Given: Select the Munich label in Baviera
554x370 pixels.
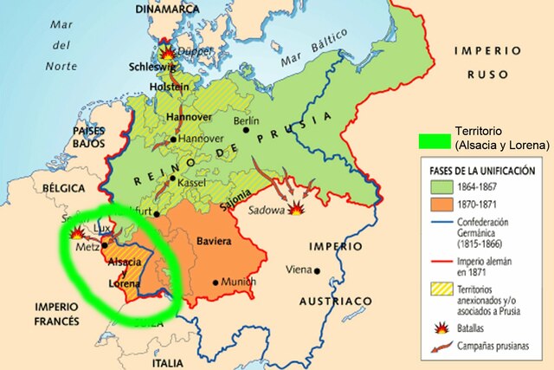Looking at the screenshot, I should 239,282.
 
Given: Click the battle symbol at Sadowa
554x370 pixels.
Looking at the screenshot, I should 298,208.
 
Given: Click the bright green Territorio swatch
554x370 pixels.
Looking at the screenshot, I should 435,140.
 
